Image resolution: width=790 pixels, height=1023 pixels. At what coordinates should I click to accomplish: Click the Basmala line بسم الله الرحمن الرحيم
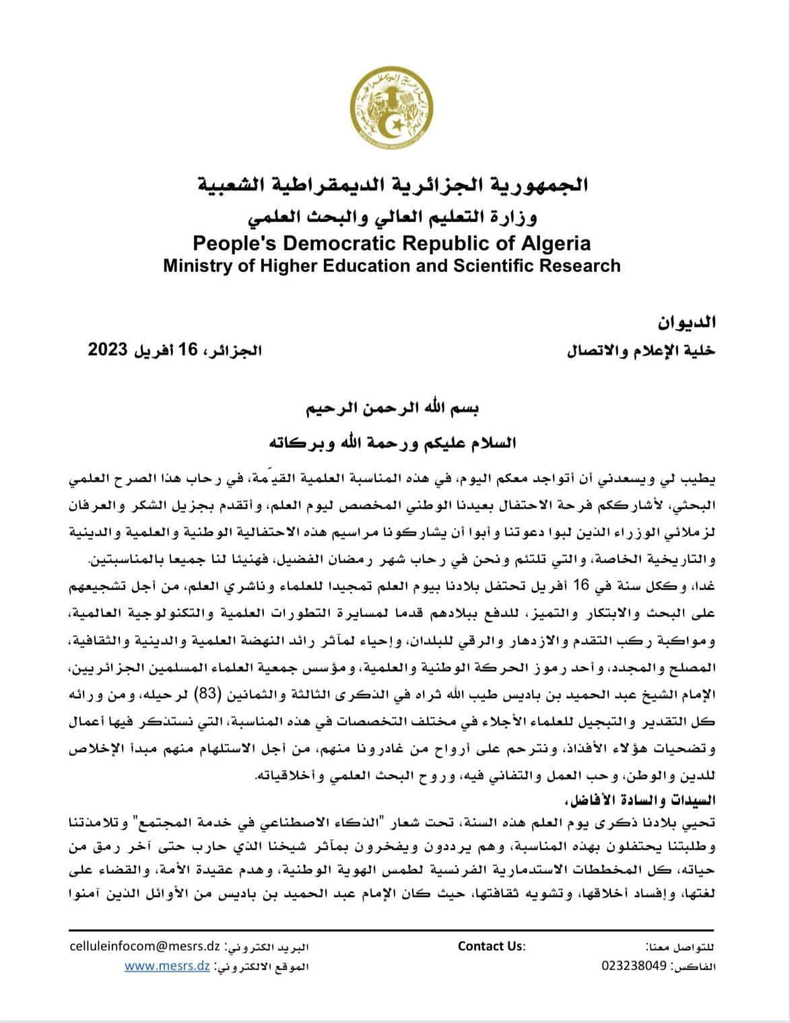click(393, 410)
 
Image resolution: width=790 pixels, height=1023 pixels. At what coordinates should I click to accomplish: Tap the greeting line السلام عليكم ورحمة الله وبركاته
click(393, 443)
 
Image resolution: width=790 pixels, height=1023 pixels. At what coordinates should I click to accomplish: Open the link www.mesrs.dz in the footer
click(167, 966)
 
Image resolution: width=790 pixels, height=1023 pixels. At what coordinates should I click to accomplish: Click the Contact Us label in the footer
click(491, 946)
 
